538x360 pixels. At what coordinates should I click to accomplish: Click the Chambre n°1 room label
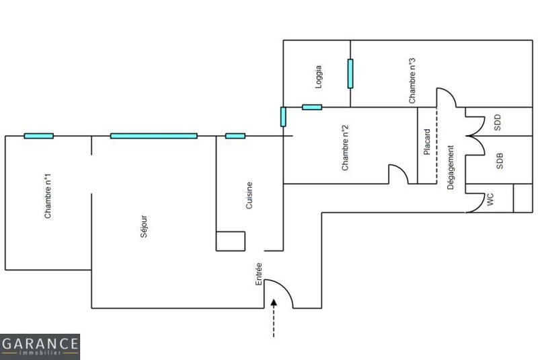click(x=48, y=196)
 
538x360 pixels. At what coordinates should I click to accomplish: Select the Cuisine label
click(x=249, y=195)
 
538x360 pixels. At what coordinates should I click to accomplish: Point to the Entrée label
click(x=260, y=274)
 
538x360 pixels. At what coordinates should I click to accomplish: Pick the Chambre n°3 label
click(x=412, y=80)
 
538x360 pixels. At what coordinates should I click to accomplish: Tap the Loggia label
click(x=318, y=77)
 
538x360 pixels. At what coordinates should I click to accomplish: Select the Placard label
click(x=427, y=143)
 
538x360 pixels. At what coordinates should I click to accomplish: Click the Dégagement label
click(x=451, y=167)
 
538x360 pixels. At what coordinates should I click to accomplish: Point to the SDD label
click(x=498, y=122)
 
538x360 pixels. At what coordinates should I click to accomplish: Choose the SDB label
click(x=499, y=160)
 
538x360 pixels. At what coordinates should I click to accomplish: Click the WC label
click(x=490, y=199)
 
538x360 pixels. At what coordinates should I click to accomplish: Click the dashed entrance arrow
click(x=274, y=319)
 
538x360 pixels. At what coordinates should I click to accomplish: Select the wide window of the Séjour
click(x=154, y=136)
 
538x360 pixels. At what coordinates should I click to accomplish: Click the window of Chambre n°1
click(x=38, y=136)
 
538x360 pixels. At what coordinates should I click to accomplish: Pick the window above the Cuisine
click(x=235, y=136)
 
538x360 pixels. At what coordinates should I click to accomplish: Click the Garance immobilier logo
click(x=40, y=347)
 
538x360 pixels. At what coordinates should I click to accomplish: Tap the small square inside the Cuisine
click(x=230, y=241)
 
